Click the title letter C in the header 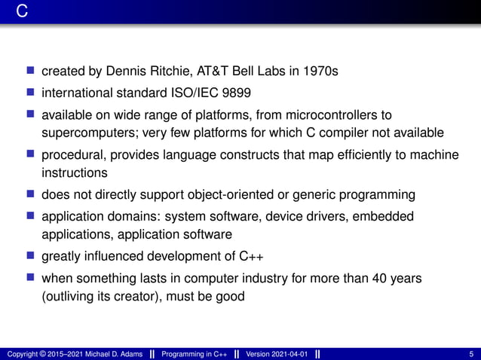[23, 13]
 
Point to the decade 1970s [320, 72]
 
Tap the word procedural [72, 155]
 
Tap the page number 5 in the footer [471, 354]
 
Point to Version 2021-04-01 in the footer [277, 354]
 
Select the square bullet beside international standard [31, 93]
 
